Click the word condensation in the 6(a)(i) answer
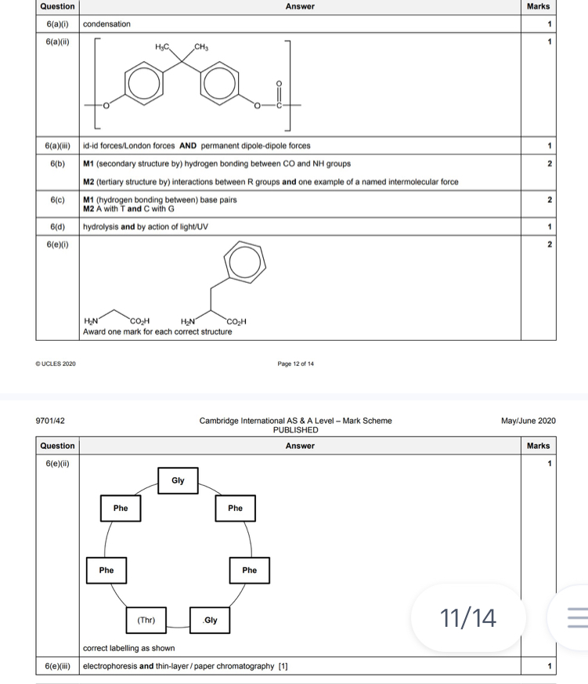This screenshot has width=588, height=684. (107, 24)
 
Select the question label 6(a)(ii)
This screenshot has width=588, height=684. (58, 41)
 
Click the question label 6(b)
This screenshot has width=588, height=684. (58, 164)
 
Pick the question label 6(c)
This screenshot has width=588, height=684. (58, 201)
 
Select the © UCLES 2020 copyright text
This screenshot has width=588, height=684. (56, 364)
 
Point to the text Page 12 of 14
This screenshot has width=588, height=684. (296, 364)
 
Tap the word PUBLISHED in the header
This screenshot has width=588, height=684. (295, 430)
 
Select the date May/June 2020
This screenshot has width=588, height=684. (528, 421)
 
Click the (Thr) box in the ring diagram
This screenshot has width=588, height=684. (146, 620)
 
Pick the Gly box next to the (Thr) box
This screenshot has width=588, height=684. (209, 620)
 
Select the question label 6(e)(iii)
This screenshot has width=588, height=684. (58, 667)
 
